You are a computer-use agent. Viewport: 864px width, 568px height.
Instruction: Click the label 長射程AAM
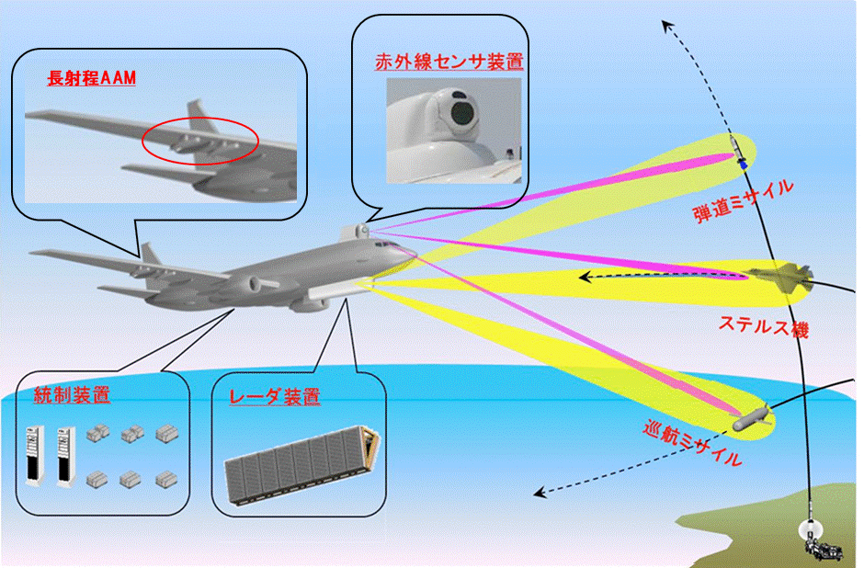tap(91, 79)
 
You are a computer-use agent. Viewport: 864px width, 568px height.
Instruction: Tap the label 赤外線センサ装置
tap(449, 63)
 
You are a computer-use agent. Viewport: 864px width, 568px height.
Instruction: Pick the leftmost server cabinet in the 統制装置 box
tap(33, 456)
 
